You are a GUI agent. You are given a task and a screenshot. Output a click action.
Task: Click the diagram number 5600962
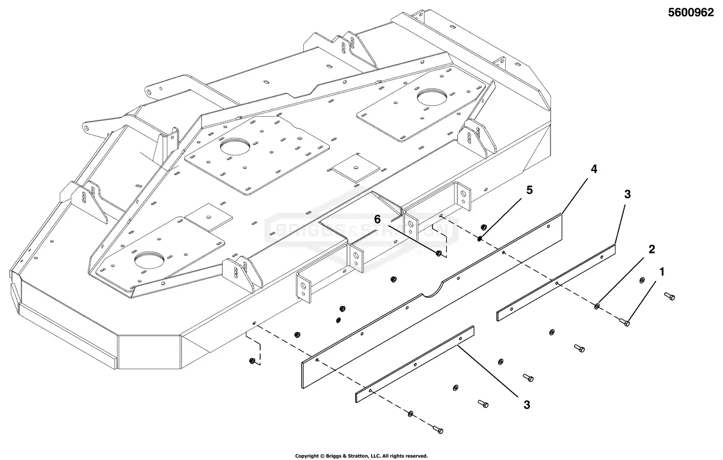690,13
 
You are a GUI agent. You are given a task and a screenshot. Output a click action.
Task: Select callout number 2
652,250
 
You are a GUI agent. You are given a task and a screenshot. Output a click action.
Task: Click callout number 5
530,190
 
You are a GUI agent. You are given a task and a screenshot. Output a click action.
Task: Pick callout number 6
379,220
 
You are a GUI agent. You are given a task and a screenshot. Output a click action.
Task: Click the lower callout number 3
527,405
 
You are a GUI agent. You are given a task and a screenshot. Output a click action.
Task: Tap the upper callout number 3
627,194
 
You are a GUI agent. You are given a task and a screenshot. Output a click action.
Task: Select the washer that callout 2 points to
598,306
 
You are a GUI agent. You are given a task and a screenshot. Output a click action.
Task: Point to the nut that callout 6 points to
438,253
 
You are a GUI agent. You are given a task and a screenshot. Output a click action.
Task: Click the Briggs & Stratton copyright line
361,456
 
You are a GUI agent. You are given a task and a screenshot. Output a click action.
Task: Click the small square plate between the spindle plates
355,168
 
